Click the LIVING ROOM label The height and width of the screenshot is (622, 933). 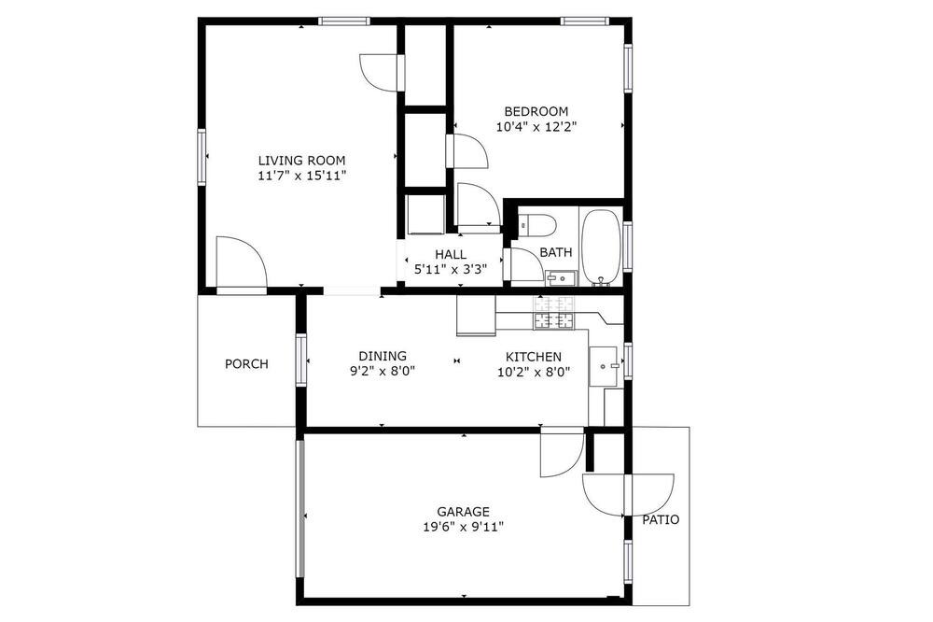[x=301, y=161]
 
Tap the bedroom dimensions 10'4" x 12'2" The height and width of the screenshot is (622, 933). [x=536, y=126]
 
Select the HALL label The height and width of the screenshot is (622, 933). [x=451, y=254]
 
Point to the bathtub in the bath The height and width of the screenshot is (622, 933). [x=601, y=247]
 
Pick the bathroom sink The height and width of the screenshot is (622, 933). [x=561, y=278]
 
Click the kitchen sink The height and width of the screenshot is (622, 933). [x=604, y=366]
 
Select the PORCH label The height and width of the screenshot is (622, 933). [x=246, y=364]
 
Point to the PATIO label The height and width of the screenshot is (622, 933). [x=661, y=519]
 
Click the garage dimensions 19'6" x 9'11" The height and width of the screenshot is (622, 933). [x=463, y=527]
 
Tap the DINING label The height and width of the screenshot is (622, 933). [x=383, y=356]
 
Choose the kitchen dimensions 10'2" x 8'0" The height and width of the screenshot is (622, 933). [x=534, y=373]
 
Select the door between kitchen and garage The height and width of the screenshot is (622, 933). [x=562, y=452]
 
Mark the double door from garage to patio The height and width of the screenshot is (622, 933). [x=628, y=494]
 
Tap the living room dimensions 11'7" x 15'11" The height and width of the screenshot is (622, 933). [x=301, y=176]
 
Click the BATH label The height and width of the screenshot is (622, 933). [x=556, y=252]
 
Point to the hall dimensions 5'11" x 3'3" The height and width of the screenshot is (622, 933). [x=451, y=269]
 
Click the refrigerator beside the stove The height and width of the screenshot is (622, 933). [x=476, y=316]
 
